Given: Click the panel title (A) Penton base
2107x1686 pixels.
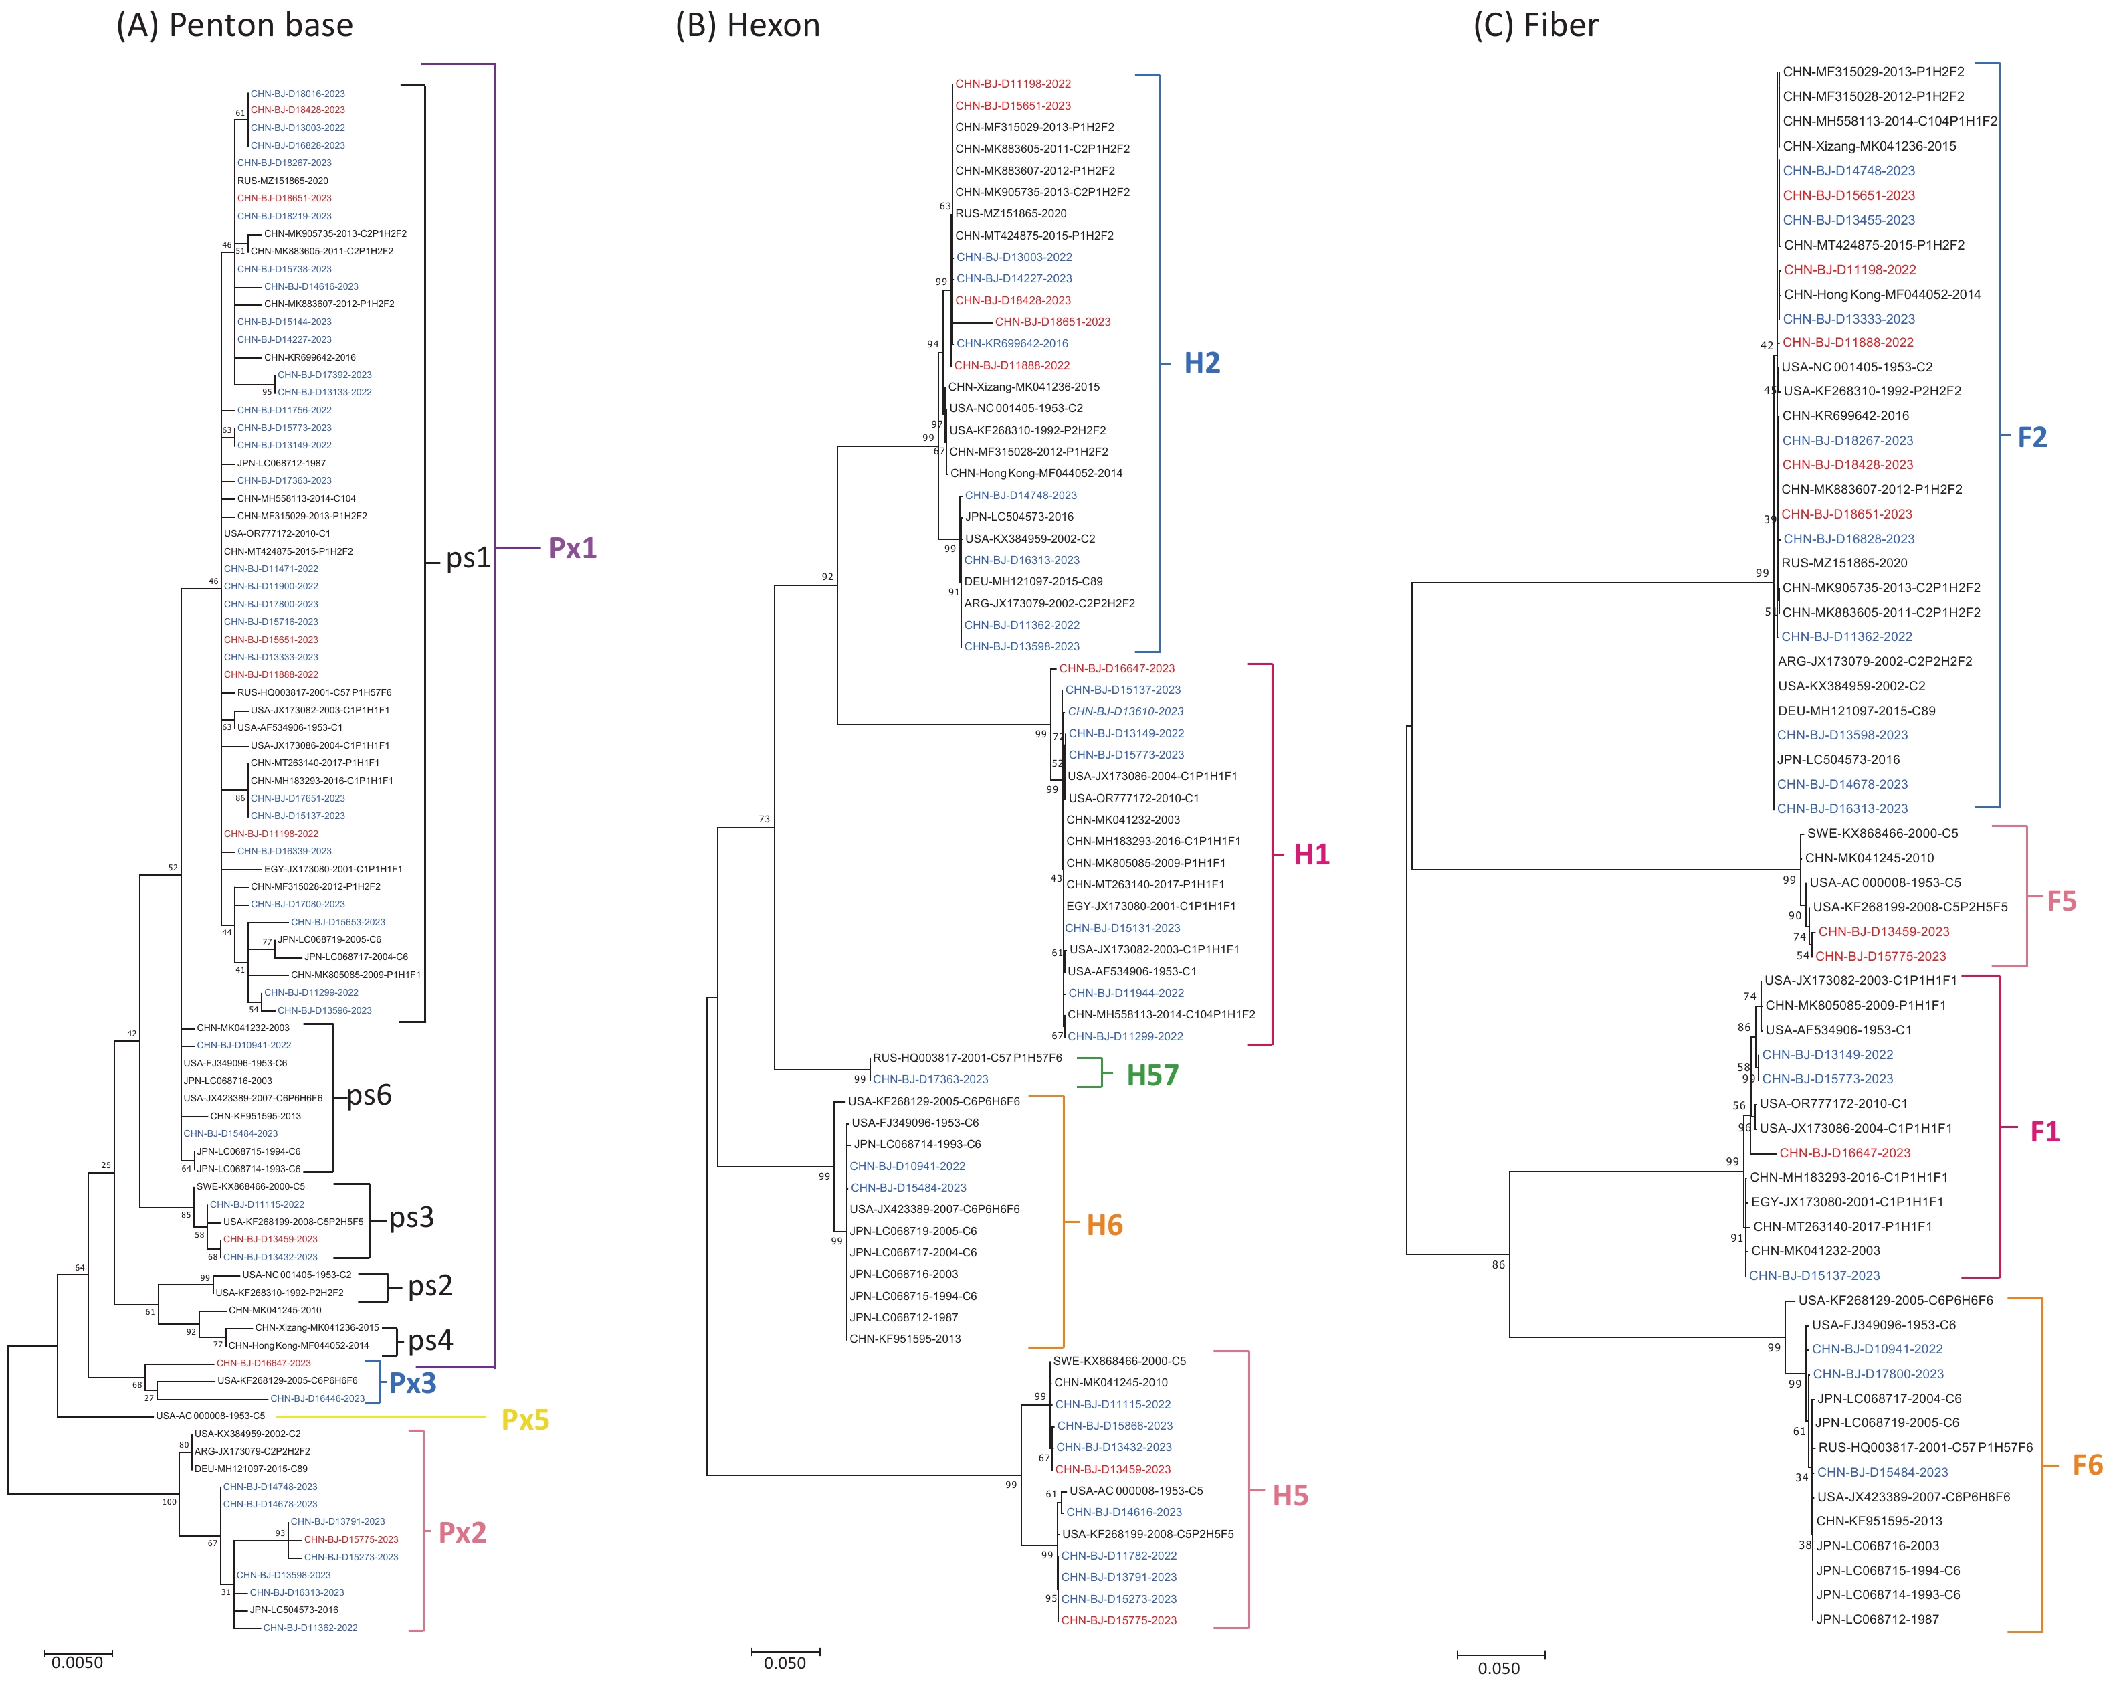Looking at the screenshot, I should pyautogui.click(x=235, y=25).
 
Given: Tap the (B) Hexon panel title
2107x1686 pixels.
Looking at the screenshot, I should pyautogui.click(x=748, y=25).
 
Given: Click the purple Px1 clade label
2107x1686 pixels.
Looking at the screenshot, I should pyautogui.click(x=573, y=549).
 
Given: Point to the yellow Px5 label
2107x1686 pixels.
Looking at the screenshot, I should pyautogui.click(x=525, y=1420).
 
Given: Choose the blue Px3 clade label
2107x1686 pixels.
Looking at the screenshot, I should pyautogui.click(x=413, y=1383).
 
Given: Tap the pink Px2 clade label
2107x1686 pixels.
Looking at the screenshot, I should pyautogui.click(x=462, y=1533).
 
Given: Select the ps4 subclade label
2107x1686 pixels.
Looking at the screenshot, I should pyautogui.click(x=430, y=1340).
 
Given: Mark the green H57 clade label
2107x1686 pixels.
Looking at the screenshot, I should pyautogui.click(x=1152, y=1075).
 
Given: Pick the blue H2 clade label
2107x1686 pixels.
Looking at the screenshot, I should pyautogui.click(x=1202, y=363).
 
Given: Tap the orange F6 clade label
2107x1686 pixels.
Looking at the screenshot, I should pyautogui.click(x=2088, y=1465).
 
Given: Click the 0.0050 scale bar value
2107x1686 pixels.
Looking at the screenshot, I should pyautogui.click(x=77, y=1663).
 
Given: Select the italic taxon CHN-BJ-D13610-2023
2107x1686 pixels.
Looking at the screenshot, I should pyautogui.click(x=1125, y=712).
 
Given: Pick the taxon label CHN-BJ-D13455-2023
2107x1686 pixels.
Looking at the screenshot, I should pyautogui.click(x=1848, y=220).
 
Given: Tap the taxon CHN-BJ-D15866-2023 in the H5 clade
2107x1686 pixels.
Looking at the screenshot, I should pyautogui.click(x=1114, y=1426).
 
